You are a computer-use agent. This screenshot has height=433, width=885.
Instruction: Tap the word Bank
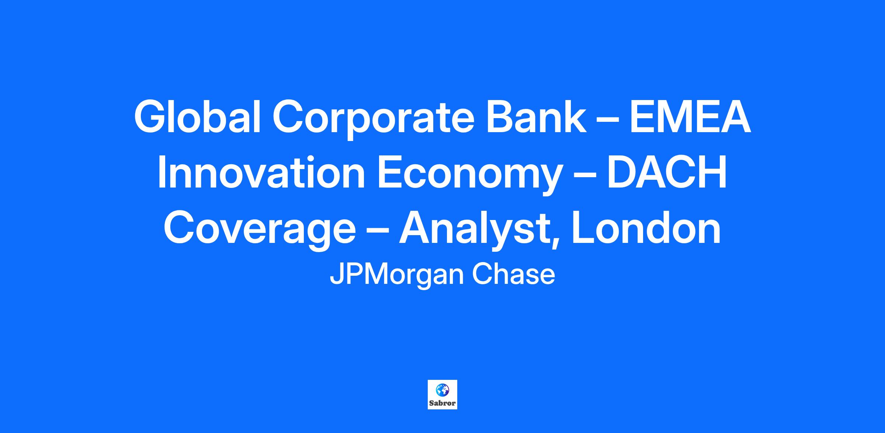click(x=536, y=117)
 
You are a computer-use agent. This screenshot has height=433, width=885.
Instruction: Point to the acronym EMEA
click(x=690, y=117)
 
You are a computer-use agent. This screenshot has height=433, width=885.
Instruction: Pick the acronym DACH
click(x=667, y=173)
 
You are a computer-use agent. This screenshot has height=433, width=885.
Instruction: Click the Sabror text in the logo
click(x=442, y=403)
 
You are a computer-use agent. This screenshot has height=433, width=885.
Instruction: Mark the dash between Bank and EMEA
click(x=607, y=121)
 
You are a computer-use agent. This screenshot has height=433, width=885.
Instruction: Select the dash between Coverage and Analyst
click(x=377, y=232)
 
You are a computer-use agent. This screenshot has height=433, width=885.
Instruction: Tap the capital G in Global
click(x=151, y=117)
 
